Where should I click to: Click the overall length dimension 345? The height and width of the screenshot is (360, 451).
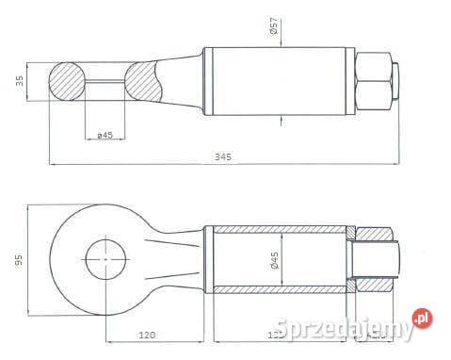223,156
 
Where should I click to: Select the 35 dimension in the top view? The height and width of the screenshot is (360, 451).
20,82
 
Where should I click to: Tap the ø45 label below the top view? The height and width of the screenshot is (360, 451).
105,136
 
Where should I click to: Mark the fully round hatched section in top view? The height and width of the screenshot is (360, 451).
67,82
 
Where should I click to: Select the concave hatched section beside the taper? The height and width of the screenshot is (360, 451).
146,82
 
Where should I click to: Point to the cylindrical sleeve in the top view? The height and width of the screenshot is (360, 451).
282,81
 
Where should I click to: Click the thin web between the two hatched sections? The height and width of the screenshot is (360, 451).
105,82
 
